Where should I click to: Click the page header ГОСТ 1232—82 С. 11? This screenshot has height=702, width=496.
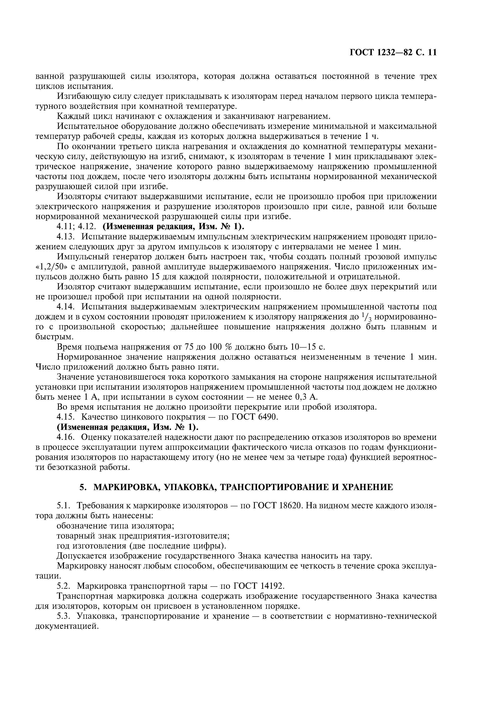(393, 53)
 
